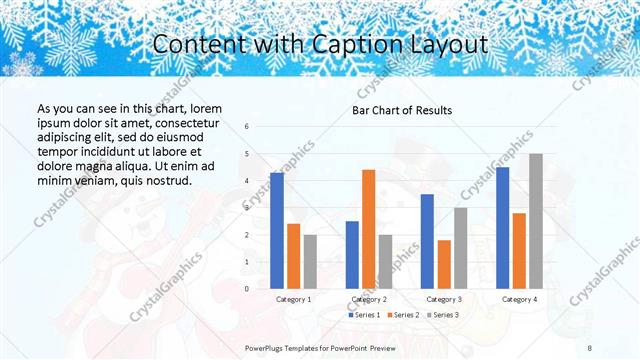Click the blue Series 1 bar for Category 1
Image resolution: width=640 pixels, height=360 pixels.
click(277, 230)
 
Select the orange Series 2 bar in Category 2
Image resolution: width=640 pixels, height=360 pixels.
click(368, 229)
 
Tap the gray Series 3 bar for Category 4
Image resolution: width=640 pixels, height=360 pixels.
click(536, 221)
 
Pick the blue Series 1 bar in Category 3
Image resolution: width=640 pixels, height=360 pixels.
click(427, 241)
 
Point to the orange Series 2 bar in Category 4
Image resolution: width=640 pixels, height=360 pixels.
click(519, 250)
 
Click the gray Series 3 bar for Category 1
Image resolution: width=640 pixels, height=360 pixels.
click(310, 261)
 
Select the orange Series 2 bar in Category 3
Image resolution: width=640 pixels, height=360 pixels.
click(444, 264)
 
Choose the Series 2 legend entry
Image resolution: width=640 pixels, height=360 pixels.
click(404, 315)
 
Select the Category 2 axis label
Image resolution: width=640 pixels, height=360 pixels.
click(368, 299)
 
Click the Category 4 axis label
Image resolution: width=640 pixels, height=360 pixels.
click(519, 299)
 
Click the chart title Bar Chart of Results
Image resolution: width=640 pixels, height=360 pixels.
click(403, 110)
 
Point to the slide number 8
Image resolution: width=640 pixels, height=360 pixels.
click(589, 346)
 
